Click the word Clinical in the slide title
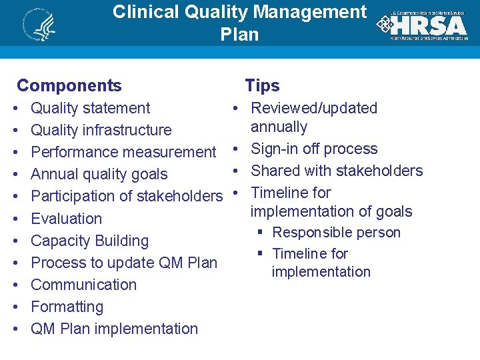145,12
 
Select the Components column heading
69,85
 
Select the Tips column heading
262,85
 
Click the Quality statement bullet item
91,108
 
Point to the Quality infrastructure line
101,130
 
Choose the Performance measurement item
123,152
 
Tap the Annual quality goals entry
99,174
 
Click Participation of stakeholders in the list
126,196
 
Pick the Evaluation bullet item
67,219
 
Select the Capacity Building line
89,241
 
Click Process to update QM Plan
124,263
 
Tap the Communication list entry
83,285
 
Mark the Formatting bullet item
67,307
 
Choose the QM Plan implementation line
114,329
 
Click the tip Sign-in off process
314,149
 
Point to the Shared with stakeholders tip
337,171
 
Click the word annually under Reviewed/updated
279,127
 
